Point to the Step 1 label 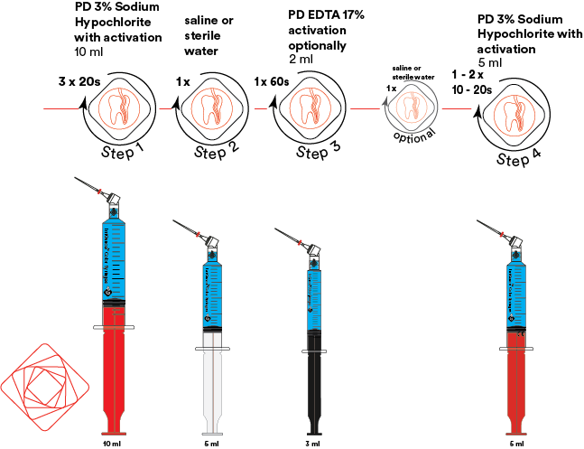coord(124,150)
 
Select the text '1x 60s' coord(272,82)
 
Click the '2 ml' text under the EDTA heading coord(301,60)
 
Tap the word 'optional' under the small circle coord(414,134)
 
